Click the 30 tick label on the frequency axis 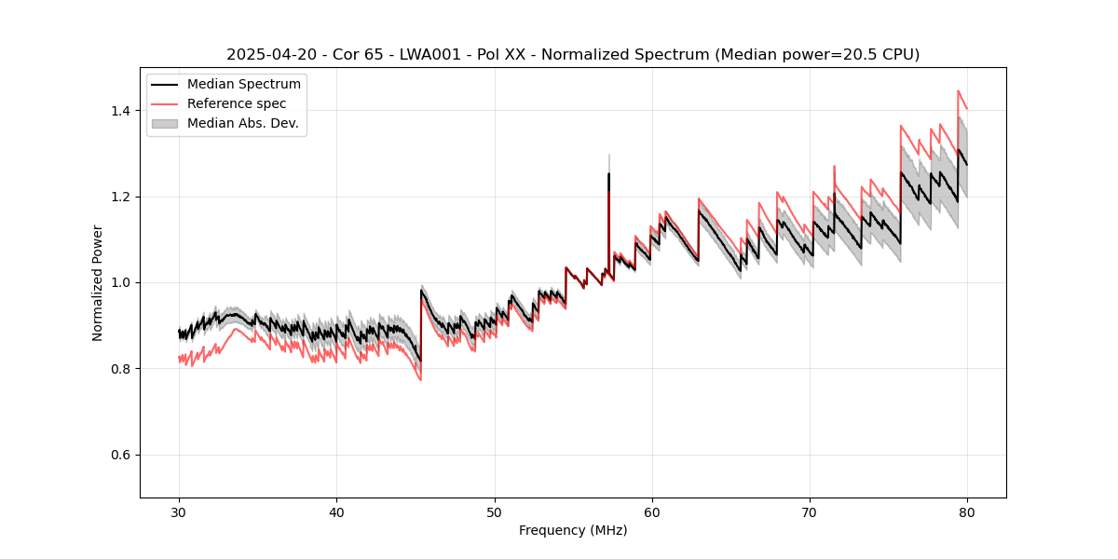coord(179,512)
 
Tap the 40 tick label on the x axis coord(336,512)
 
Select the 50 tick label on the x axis coord(495,512)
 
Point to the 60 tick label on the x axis coord(652,512)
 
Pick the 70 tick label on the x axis coord(810,512)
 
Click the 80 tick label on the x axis coord(967,512)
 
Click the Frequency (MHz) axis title coord(573,530)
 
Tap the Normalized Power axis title coord(98,282)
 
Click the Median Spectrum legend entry coord(243,85)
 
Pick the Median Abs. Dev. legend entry coord(242,123)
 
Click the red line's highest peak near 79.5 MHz coord(958,91)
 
